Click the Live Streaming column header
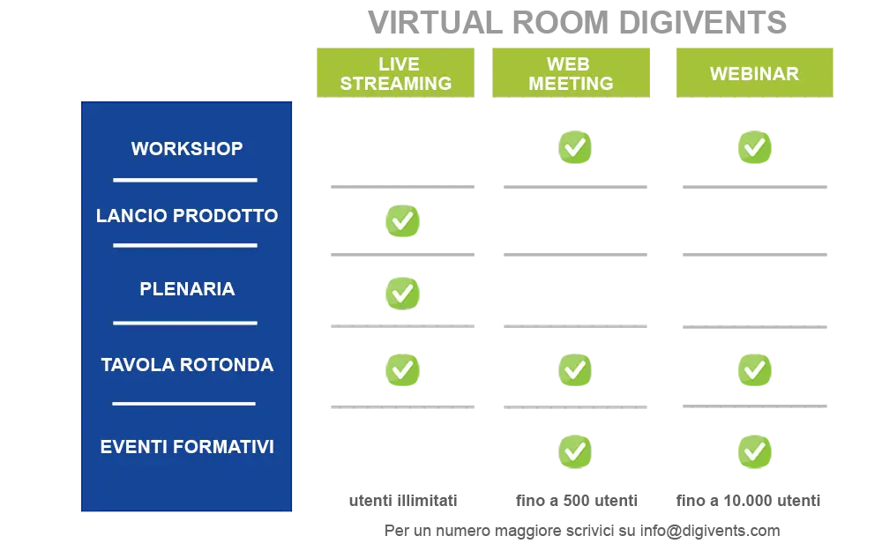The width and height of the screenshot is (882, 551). tap(395, 73)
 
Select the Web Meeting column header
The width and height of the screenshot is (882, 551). tap(571, 73)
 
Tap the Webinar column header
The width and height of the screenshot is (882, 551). tap(754, 73)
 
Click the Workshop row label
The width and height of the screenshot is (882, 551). tap(187, 148)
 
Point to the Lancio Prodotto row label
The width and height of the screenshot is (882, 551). tap(187, 215)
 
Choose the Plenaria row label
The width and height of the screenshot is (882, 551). tap(187, 289)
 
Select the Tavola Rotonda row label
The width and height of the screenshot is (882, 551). tap(187, 365)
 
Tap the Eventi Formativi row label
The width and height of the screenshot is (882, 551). tap(187, 447)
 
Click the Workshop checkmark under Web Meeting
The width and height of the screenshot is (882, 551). tap(575, 147)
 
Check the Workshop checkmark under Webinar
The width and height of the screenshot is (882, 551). tap(754, 147)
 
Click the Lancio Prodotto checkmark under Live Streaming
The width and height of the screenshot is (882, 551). tap(402, 220)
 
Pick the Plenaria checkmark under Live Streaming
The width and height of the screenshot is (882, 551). tap(402, 293)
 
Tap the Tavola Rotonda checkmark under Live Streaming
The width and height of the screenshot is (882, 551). tap(402, 370)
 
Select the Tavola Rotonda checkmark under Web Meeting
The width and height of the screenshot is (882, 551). tap(575, 370)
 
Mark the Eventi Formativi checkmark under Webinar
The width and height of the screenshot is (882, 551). tap(754, 451)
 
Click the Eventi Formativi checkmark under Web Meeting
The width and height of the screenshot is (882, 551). tap(575, 451)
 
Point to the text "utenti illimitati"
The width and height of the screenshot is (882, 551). tap(403, 501)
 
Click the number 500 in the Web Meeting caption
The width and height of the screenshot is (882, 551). tap(576, 501)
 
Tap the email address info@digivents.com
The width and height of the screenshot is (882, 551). tap(710, 531)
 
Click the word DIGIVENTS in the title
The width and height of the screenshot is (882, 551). tap(703, 23)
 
